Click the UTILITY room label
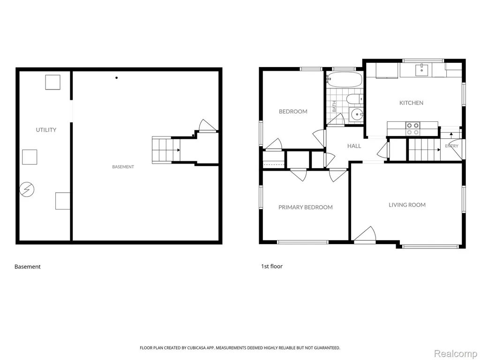click(x=46, y=130)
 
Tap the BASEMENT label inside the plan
click(x=123, y=167)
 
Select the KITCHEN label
click(x=411, y=103)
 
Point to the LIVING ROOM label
click(x=407, y=205)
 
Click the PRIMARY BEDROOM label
click(x=306, y=207)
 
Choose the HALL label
click(x=354, y=146)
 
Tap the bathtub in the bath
click(x=345, y=80)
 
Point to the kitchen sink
click(x=422, y=70)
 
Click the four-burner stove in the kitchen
click(x=412, y=128)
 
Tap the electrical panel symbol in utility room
click(x=27, y=190)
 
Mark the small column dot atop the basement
click(x=117, y=78)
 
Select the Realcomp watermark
click(x=455, y=353)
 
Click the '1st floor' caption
click(x=271, y=266)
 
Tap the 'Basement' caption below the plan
click(x=28, y=267)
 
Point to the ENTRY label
click(x=452, y=146)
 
